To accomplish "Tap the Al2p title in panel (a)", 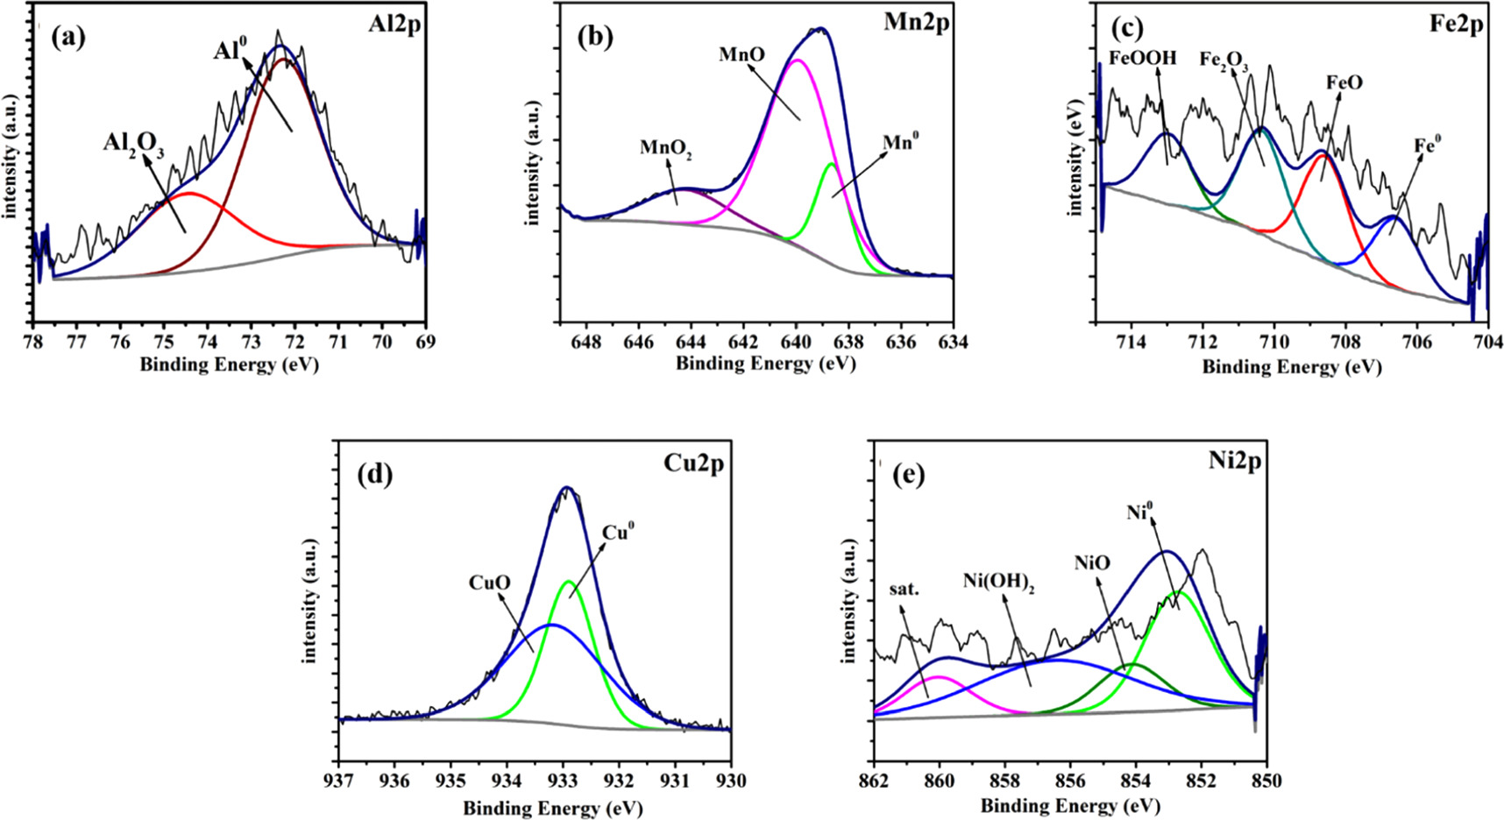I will (394, 25).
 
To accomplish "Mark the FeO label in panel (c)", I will (1344, 83).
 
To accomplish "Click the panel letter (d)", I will (374, 477).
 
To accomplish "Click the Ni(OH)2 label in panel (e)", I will (999, 581).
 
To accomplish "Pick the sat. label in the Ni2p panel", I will (905, 590).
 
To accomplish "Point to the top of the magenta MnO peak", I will (798, 60).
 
